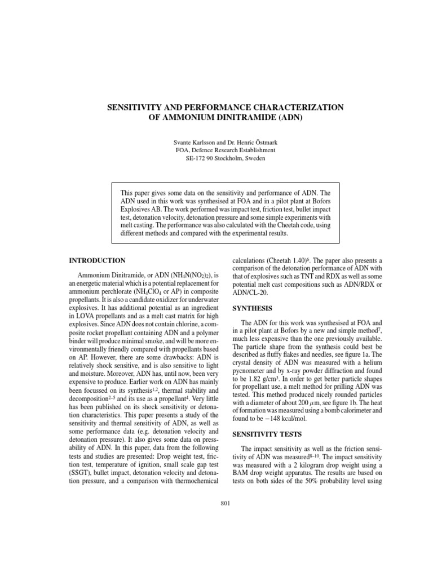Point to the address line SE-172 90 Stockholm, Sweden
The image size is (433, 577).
(x=216, y=158)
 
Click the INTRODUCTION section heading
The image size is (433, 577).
(x=97, y=261)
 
